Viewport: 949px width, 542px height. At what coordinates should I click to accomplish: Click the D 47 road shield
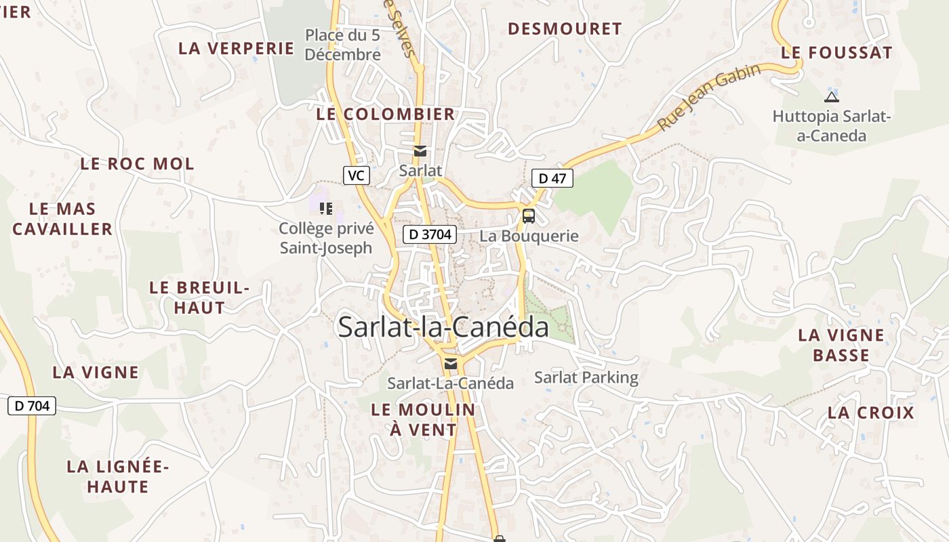click(x=552, y=178)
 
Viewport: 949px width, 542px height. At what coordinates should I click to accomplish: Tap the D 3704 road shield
click(x=430, y=235)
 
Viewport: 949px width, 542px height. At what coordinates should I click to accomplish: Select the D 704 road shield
click(x=32, y=406)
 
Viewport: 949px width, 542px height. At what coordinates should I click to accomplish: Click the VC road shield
click(x=356, y=175)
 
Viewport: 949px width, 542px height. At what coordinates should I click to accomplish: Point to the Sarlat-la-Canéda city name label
click(x=443, y=327)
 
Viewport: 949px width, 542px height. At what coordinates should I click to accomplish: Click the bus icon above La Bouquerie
click(x=529, y=216)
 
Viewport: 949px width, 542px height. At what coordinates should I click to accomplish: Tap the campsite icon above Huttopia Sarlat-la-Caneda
click(x=832, y=97)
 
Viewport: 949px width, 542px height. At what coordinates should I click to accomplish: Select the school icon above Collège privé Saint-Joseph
click(x=326, y=208)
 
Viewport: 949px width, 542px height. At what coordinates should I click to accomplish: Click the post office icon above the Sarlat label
click(x=420, y=151)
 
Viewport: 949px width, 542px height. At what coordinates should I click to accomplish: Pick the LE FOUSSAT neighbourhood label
click(x=836, y=52)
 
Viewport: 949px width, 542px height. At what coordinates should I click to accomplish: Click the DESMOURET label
click(x=565, y=28)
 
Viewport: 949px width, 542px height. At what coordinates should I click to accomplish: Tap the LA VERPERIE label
click(x=236, y=48)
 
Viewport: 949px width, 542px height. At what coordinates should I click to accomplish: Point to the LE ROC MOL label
click(x=137, y=163)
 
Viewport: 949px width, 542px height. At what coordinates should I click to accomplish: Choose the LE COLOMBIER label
click(x=385, y=114)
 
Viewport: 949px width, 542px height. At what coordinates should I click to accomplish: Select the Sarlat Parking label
click(x=586, y=377)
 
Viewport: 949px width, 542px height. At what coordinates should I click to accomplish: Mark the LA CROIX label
click(x=871, y=412)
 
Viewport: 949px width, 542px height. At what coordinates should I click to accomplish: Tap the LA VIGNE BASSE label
click(x=841, y=345)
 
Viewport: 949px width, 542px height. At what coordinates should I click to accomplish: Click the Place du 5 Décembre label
click(x=342, y=44)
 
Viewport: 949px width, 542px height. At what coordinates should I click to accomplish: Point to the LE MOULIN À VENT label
click(x=423, y=419)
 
